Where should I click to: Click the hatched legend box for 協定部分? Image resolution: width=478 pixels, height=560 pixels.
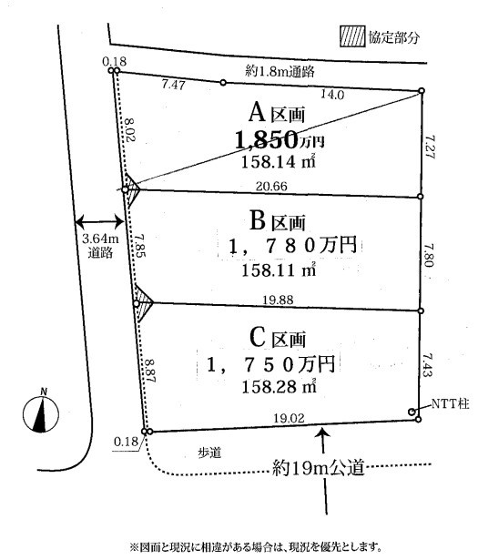click(x=352, y=36)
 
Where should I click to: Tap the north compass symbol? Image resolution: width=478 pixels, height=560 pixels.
click(x=41, y=412)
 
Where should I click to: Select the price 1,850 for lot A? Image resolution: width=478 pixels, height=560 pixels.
click(x=266, y=139)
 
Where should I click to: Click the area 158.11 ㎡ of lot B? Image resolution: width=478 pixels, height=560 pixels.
click(x=279, y=270)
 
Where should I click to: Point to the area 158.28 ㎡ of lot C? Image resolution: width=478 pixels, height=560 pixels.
click(x=279, y=386)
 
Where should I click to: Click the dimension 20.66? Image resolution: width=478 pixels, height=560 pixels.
click(x=271, y=186)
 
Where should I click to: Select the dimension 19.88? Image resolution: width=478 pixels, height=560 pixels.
click(x=278, y=300)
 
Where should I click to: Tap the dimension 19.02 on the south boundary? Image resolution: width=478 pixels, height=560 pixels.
click(x=289, y=418)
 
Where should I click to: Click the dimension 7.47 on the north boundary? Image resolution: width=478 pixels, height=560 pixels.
click(x=173, y=85)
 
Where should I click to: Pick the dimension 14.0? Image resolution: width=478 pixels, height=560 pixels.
click(x=332, y=95)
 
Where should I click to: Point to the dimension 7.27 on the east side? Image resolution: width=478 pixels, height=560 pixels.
click(x=431, y=147)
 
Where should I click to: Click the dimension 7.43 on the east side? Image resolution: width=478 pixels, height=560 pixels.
click(x=428, y=364)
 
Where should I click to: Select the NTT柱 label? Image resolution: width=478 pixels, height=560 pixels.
click(x=450, y=404)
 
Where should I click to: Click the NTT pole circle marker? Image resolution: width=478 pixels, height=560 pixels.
click(x=412, y=412)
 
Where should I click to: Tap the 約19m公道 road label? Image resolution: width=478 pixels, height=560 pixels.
click(x=318, y=467)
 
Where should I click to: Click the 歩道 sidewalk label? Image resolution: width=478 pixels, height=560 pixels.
click(x=210, y=453)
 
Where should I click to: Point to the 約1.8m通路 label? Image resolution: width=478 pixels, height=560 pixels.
click(x=280, y=72)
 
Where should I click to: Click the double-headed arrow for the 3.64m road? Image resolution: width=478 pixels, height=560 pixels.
click(x=99, y=222)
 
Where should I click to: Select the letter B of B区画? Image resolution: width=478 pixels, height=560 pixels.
click(x=258, y=220)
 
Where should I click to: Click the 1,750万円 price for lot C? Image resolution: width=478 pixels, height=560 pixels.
click(x=271, y=364)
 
